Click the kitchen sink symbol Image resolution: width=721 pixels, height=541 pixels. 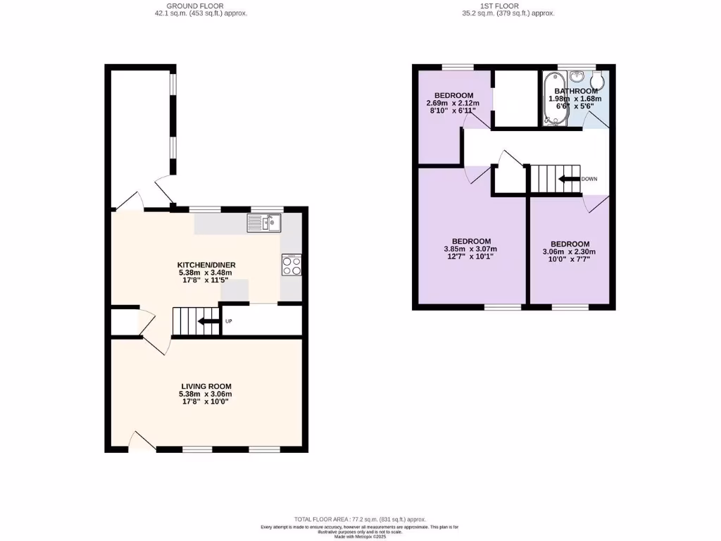pos(264,223)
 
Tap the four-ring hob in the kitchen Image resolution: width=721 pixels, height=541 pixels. pos(291,265)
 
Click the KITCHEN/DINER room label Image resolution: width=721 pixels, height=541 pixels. pos(204,265)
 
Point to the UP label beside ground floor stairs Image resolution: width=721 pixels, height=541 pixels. pos(228,322)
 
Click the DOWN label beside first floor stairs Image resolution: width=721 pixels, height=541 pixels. pos(589,179)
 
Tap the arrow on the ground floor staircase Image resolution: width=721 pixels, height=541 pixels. pos(207,322)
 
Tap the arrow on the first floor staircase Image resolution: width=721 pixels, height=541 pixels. pos(568,179)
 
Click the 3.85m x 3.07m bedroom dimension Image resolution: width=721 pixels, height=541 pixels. pos(470,249)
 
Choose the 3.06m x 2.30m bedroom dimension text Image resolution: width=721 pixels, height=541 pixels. pos(569,252)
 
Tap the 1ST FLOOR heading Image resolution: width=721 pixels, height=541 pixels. pos(500,6)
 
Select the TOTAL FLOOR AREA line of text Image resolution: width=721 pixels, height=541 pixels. pos(360,519)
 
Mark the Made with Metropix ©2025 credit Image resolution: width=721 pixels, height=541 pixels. pos(360,537)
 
